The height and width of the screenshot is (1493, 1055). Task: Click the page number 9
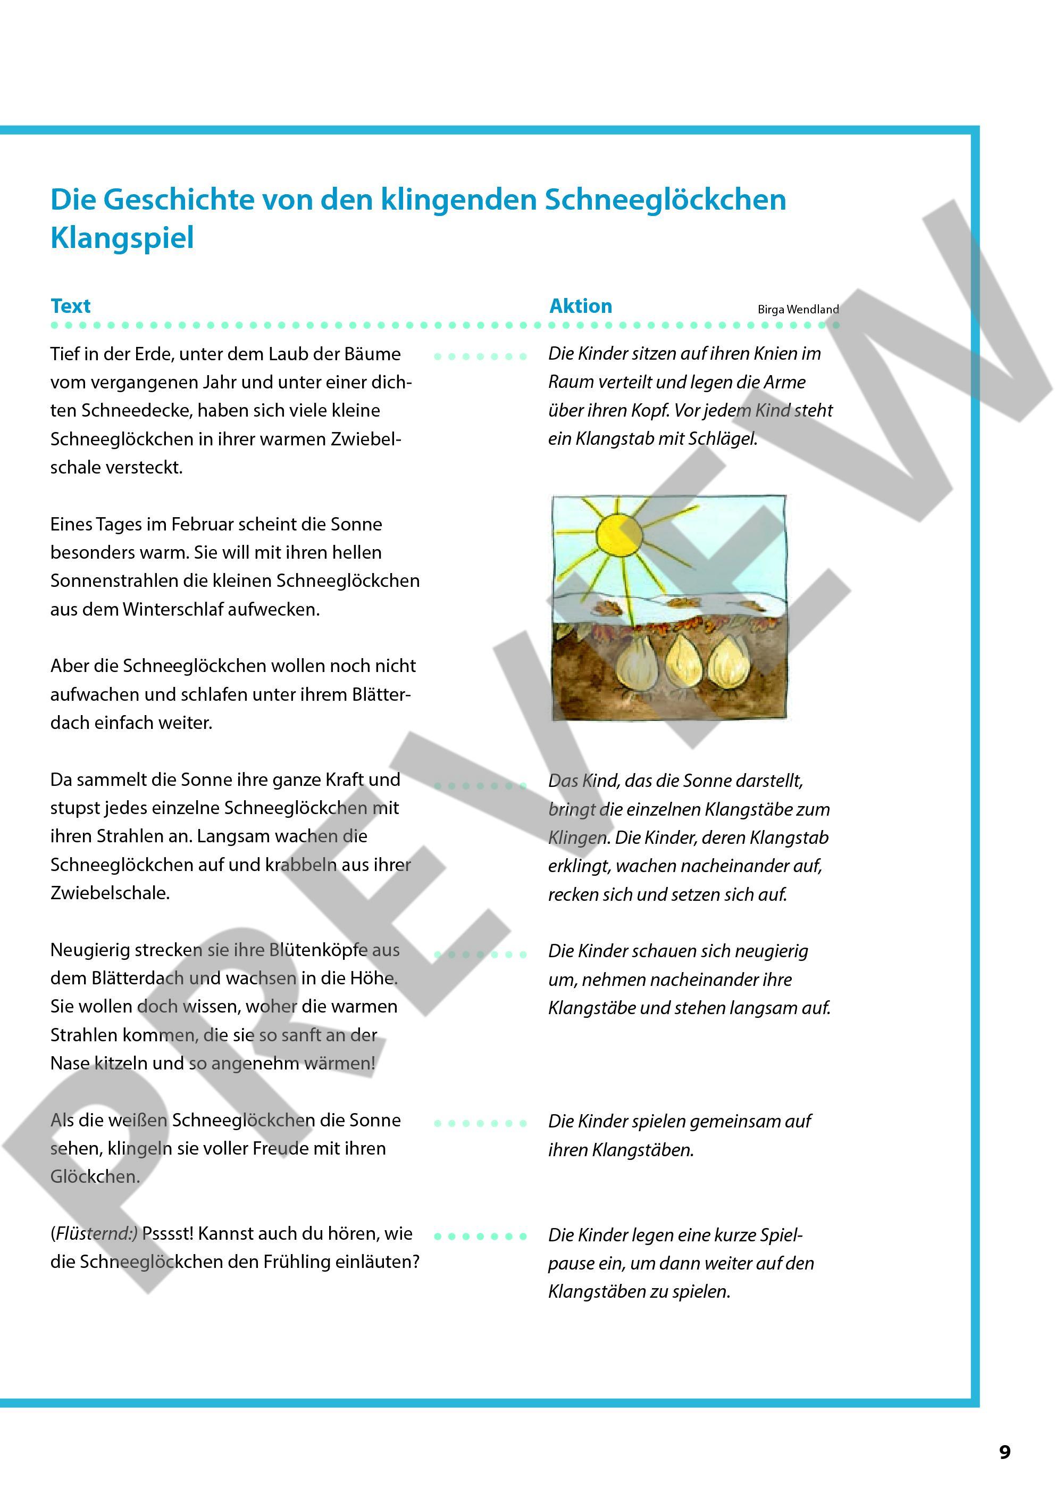click(1005, 1452)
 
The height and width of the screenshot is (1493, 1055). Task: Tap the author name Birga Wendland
click(798, 310)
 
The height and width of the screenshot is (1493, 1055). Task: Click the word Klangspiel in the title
click(122, 238)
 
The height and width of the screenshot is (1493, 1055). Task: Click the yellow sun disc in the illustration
click(620, 535)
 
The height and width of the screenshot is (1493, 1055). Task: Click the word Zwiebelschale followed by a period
click(109, 893)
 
